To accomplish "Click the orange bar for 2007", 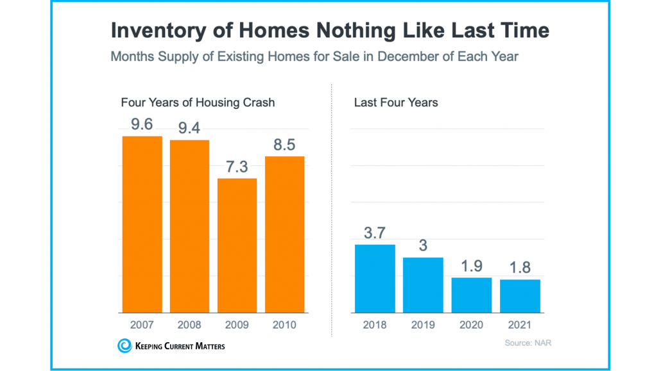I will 142,224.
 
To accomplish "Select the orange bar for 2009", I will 237,245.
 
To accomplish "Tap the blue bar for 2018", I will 375,279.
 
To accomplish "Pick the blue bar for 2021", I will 520,296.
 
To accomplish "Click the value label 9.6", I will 142,124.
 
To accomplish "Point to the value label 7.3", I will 237,167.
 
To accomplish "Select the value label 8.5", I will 284,145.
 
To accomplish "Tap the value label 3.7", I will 375,233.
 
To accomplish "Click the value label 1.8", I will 520,268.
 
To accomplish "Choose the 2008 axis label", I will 189,325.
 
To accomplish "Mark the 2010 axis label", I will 284,325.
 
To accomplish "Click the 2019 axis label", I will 423,325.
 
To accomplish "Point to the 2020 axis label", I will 472,325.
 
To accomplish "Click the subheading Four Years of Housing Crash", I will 198,103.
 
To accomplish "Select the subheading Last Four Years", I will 396,103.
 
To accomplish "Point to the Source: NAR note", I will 528,343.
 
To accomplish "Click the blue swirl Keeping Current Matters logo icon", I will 124,346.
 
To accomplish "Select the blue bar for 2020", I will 472,295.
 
